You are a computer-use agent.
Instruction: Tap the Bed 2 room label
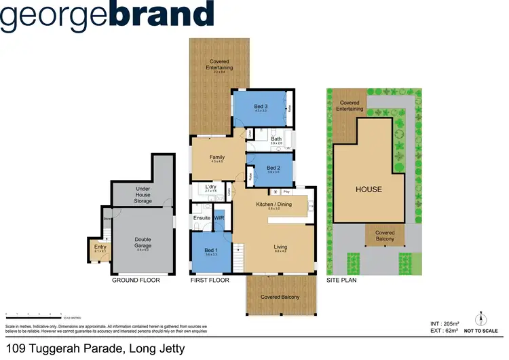tap(273, 168)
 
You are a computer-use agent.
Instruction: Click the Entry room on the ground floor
tap(100, 247)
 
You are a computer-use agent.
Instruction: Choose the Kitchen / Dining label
tap(274, 204)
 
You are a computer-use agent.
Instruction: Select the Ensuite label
tap(202, 218)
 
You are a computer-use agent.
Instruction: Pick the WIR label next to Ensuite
tap(219, 218)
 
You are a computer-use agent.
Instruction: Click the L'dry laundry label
tap(210, 187)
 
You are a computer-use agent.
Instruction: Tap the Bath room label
tap(276, 139)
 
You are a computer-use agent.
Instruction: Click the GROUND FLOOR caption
tap(134, 280)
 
